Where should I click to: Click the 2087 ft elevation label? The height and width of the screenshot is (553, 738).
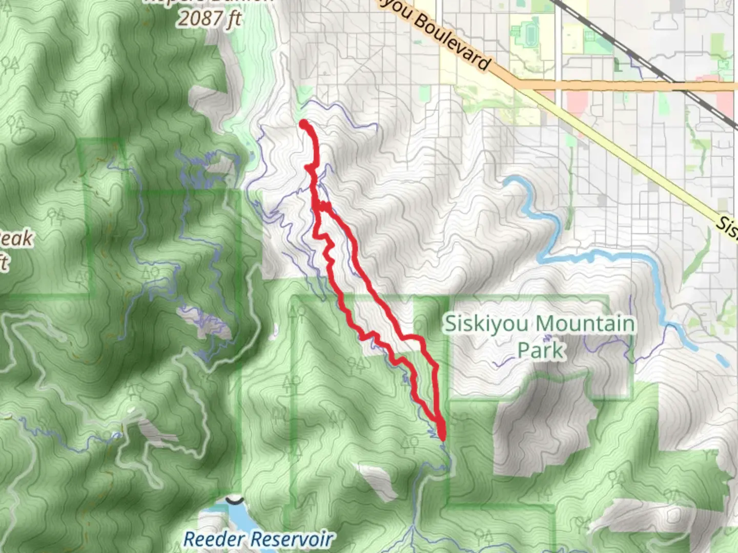click(x=209, y=18)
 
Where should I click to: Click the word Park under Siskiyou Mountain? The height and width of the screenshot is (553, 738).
click(x=541, y=350)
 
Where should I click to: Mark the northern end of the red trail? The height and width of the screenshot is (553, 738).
click(x=303, y=123)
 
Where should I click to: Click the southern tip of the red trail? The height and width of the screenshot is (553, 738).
click(x=442, y=437)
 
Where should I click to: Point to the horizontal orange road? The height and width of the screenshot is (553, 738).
click(x=615, y=86)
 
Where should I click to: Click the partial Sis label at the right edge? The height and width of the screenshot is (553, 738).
click(x=727, y=226)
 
